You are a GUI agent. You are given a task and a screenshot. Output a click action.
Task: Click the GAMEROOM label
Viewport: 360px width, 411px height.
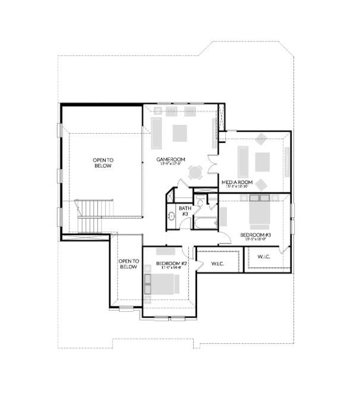tap(172, 160)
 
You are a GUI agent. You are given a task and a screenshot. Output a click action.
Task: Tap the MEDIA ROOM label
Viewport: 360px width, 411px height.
tap(237, 182)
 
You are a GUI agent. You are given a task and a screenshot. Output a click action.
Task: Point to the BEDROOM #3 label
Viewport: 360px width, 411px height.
tap(255, 235)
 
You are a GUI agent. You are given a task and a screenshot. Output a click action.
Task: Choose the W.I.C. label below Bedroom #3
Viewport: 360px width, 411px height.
tap(263, 257)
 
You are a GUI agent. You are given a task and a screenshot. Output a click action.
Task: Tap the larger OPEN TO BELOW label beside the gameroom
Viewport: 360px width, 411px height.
tap(103, 162)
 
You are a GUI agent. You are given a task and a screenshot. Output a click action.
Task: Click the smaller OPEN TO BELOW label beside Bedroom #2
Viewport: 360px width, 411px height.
tap(128, 264)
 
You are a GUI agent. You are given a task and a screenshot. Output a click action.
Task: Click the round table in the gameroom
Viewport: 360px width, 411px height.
tap(195, 173)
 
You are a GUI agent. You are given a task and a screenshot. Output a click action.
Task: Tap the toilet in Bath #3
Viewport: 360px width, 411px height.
tap(201, 203)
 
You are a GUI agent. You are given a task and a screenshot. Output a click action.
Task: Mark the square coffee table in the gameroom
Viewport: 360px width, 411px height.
tap(179, 132)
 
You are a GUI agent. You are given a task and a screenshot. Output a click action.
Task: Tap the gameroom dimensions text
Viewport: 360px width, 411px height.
tap(172, 165)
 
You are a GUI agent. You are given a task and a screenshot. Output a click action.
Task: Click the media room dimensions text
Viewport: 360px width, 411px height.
tap(237, 186)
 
